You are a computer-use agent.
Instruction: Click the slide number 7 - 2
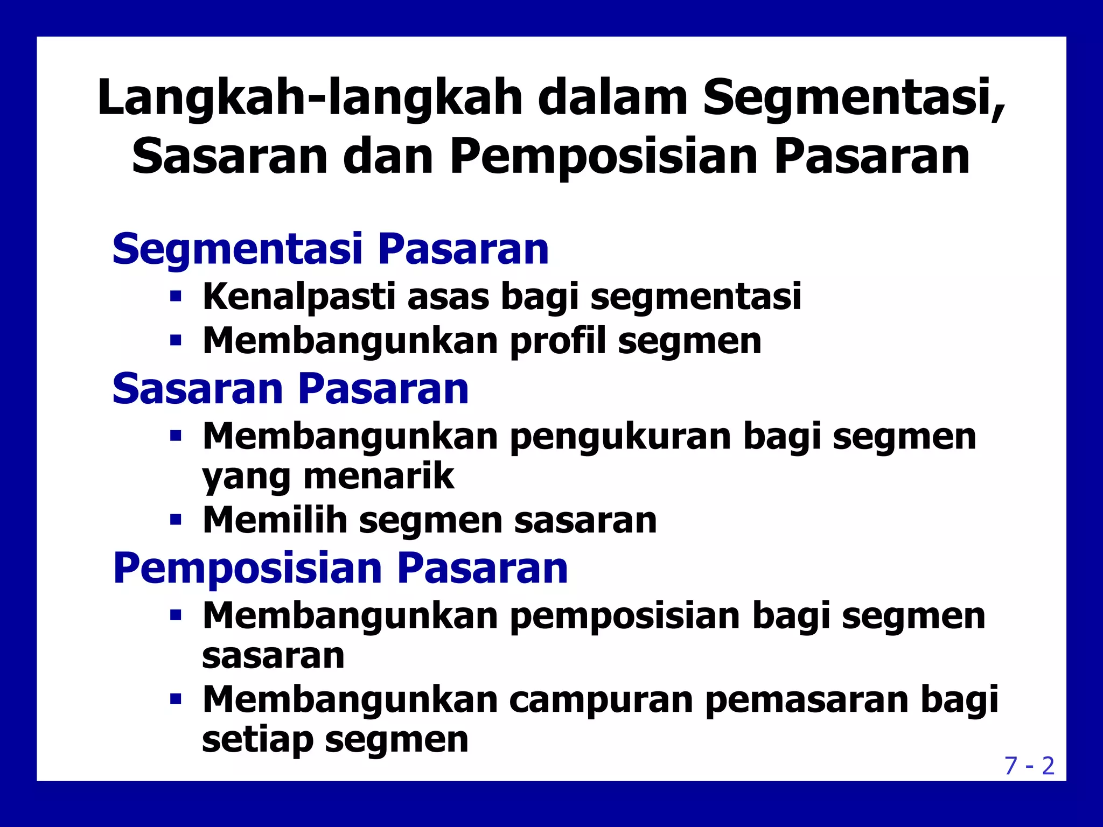[1029, 766]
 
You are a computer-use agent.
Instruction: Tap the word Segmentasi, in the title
[854, 99]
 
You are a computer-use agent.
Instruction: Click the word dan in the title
[388, 157]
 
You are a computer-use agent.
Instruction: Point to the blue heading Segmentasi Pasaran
[330, 250]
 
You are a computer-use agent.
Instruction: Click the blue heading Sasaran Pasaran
[290, 389]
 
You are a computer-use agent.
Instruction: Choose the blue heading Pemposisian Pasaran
[340, 569]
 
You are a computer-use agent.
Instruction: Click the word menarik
[379, 477]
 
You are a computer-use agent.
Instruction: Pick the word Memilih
[275, 520]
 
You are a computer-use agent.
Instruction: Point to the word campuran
[601, 700]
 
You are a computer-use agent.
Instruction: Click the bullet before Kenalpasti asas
[176, 296]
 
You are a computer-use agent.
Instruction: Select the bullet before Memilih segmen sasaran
[176, 520]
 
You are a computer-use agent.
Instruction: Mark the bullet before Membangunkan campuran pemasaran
[176, 699]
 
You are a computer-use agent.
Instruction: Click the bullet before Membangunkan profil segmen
[176, 341]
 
